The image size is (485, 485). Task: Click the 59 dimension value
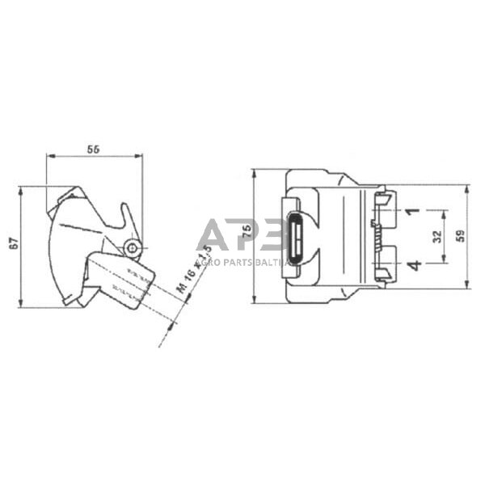tap(460, 236)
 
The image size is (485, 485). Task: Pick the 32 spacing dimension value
tap(437, 236)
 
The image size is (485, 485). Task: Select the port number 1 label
tap(412, 211)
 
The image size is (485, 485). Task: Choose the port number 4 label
tap(412, 264)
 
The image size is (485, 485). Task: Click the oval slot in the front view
tap(297, 235)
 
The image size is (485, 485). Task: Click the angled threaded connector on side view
tap(121, 279)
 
